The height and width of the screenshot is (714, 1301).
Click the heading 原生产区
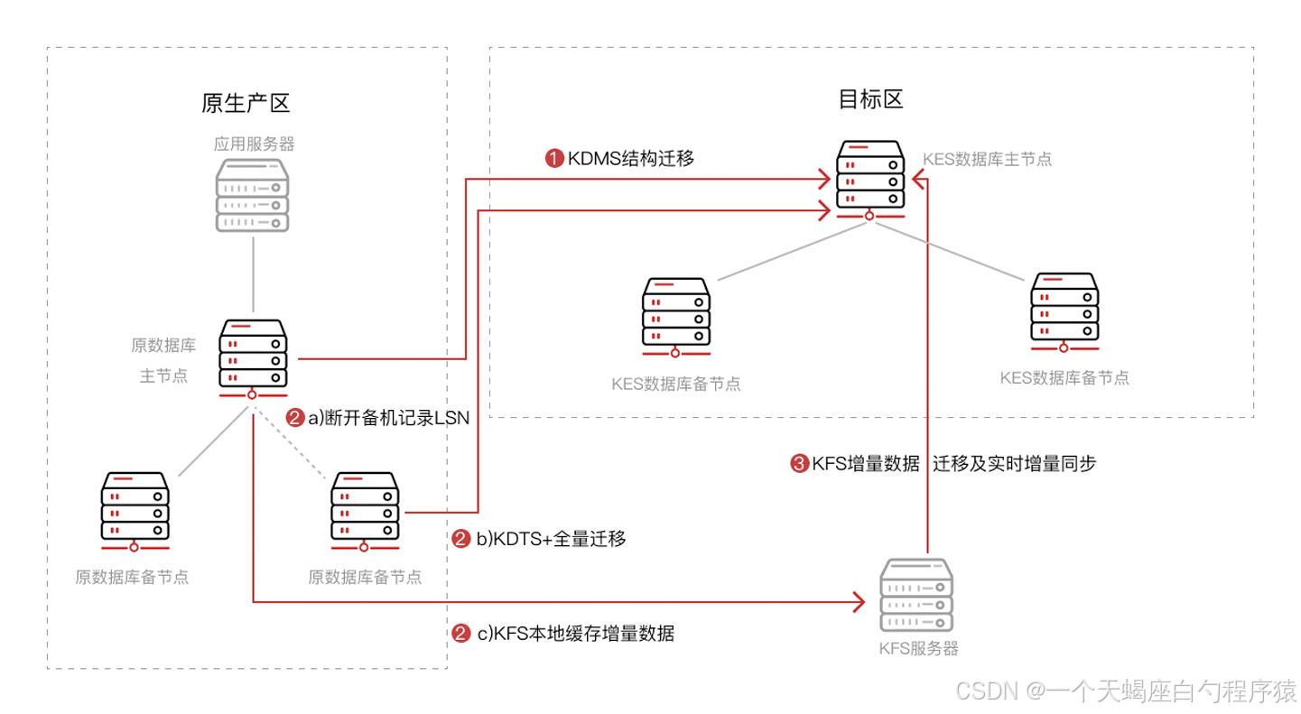pos(245,103)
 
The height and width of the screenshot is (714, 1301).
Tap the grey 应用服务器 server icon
pos(253,194)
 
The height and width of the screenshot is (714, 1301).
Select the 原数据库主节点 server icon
pos(253,356)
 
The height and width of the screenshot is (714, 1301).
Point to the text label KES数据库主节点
pos(987,159)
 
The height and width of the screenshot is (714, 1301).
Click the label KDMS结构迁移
pos(630,159)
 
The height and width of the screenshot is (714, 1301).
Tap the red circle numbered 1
pos(553,159)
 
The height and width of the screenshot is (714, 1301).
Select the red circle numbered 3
pos(798,464)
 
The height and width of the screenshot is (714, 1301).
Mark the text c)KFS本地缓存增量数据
pos(575,634)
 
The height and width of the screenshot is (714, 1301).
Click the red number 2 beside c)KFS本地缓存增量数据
pos(460,634)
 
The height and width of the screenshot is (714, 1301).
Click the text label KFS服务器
pos(917,648)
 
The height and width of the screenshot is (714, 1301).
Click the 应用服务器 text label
pos(254,144)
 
